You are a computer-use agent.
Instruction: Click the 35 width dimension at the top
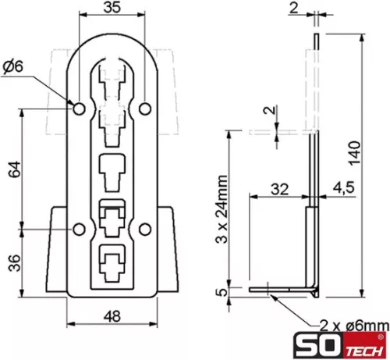coord(113,9)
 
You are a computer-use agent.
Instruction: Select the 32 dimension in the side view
coord(279,188)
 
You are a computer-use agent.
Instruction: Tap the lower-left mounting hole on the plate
coord(80,229)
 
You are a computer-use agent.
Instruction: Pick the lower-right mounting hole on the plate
coord(147,229)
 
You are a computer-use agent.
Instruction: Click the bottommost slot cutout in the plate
coord(112,261)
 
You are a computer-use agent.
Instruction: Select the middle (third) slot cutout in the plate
coord(112,171)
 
